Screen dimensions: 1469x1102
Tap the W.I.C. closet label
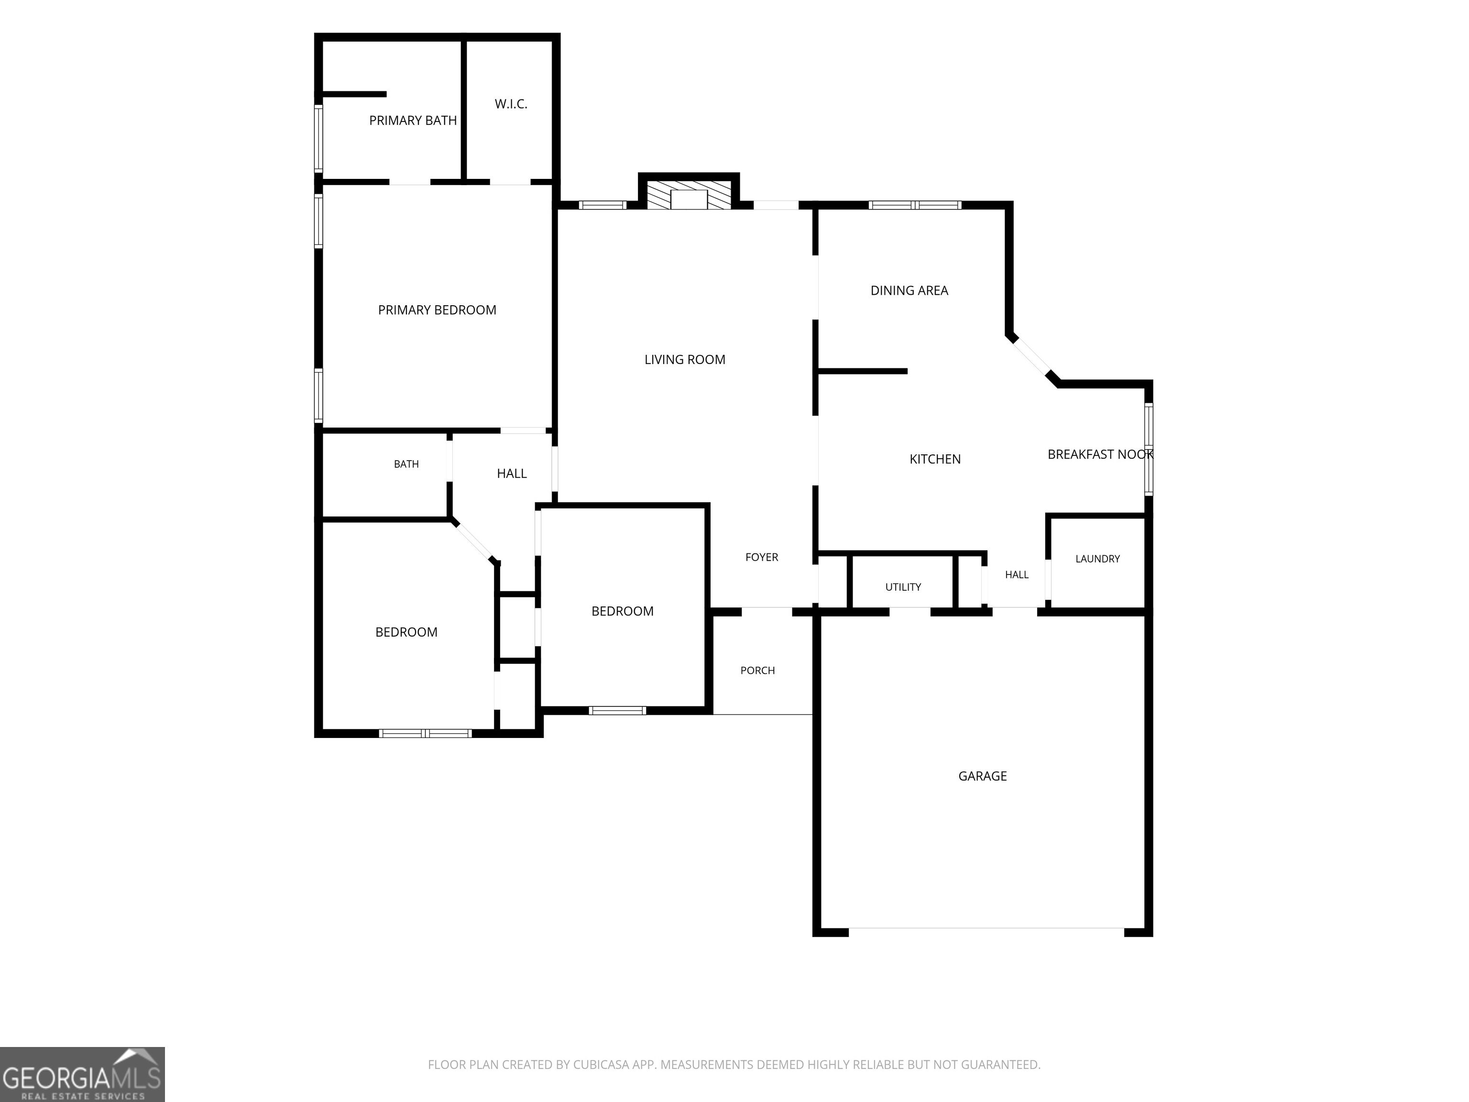point(511,104)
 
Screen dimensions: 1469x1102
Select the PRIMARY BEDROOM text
point(437,309)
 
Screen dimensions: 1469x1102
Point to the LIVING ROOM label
point(685,359)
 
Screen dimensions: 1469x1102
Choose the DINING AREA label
point(909,290)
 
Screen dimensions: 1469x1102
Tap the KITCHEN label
point(935,459)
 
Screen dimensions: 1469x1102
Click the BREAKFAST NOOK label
point(1100,454)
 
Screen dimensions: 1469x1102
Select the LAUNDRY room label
point(1097,559)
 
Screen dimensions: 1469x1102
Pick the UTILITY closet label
point(903,586)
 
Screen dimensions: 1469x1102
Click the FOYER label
point(762,557)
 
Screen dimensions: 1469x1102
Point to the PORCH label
point(758,670)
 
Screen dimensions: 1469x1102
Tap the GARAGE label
point(982,776)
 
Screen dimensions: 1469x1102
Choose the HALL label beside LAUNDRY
point(1017,574)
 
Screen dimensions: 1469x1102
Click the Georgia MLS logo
point(82,1074)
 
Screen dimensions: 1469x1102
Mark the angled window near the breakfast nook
point(1033,361)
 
